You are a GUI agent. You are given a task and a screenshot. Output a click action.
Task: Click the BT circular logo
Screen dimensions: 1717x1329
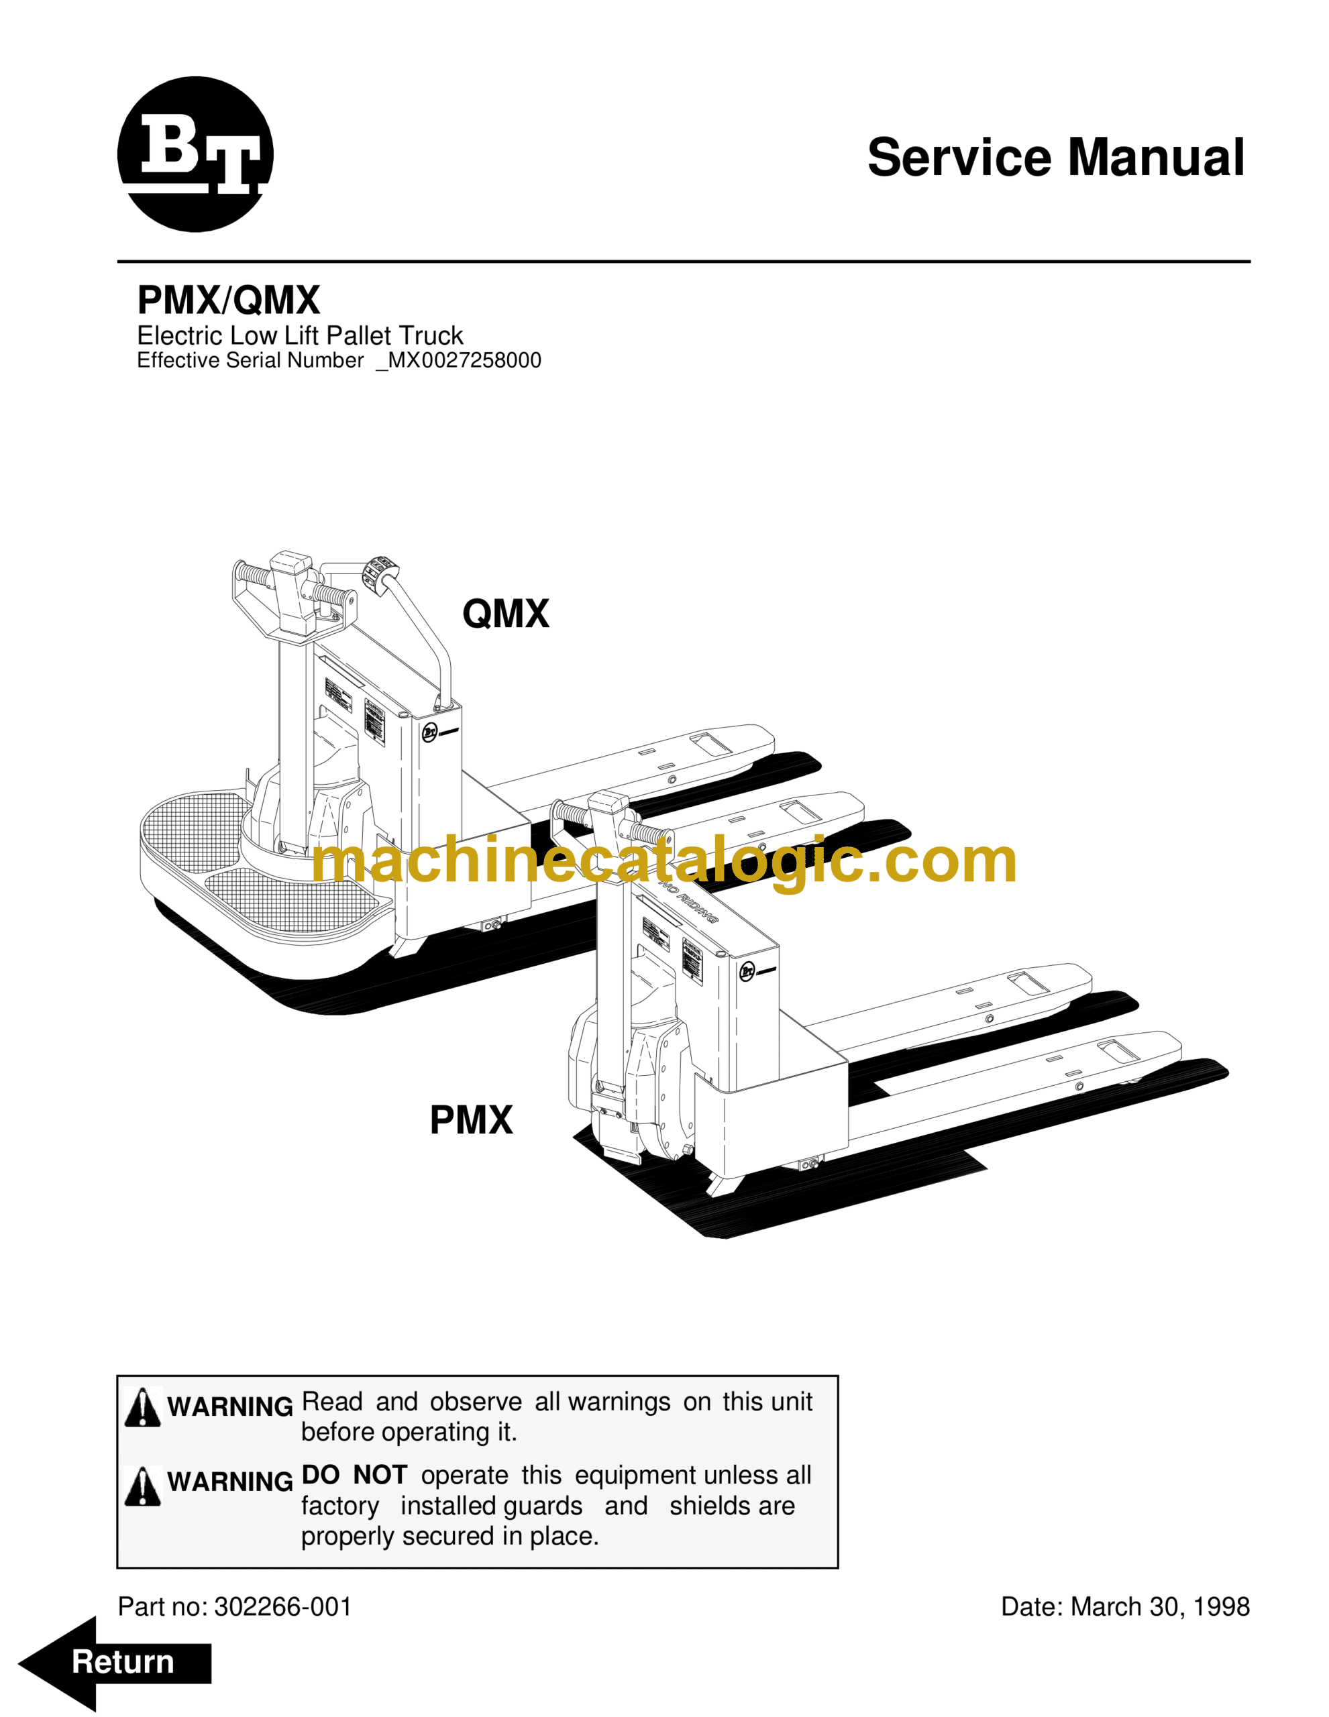(195, 154)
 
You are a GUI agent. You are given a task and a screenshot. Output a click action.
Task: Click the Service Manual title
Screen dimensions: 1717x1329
(1055, 157)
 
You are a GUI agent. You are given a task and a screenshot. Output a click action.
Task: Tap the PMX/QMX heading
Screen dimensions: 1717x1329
(228, 300)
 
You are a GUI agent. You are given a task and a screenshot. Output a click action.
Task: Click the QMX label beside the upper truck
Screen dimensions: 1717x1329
(506, 613)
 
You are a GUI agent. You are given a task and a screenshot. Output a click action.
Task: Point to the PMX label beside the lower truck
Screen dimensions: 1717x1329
(470, 1120)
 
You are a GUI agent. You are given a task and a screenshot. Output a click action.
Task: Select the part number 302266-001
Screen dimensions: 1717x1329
(283, 1607)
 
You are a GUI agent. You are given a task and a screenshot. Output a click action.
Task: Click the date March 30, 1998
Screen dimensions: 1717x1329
(1160, 1607)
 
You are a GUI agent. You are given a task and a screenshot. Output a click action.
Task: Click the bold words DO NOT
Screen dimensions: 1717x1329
(354, 1476)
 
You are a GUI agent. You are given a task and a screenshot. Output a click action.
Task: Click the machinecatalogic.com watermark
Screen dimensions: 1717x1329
(663, 861)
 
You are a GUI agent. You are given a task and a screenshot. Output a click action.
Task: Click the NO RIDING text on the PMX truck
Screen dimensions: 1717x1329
(689, 904)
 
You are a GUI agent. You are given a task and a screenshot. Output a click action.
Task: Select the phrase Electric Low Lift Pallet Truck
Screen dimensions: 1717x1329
(300, 336)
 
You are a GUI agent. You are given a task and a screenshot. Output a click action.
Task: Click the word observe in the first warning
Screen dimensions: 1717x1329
(476, 1402)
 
